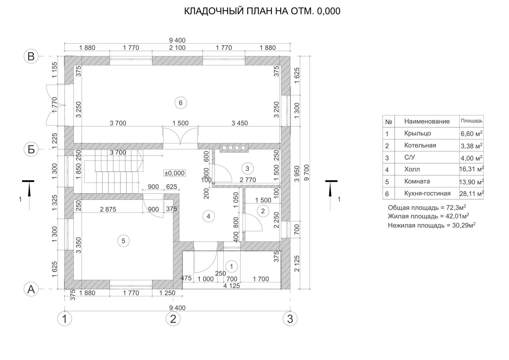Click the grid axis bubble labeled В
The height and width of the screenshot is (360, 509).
[31, 56]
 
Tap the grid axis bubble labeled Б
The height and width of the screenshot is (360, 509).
[31, 149]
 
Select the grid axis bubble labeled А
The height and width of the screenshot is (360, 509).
[31, 289]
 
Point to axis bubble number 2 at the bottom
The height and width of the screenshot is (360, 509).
[173, 319]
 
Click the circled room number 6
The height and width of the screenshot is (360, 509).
[181, 103]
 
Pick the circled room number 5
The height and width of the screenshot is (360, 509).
[123, 241]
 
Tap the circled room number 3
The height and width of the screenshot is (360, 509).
[247, 168]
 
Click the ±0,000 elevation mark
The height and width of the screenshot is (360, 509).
[174, 173]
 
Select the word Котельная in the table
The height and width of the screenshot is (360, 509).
[420, 145]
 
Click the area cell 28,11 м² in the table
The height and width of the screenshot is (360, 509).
[472, 193]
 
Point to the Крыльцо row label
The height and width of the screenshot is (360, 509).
[417, 133]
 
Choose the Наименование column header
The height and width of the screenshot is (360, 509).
[427, 121]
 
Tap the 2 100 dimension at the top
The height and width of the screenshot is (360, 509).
[177, 48]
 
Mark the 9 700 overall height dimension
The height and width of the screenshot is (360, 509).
[307, 173]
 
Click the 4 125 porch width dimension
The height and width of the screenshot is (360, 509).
[231, 286]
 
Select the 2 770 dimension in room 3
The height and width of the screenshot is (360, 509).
[248, 180]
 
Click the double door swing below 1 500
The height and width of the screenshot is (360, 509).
[180, 136]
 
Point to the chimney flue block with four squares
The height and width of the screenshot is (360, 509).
[234, 148]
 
